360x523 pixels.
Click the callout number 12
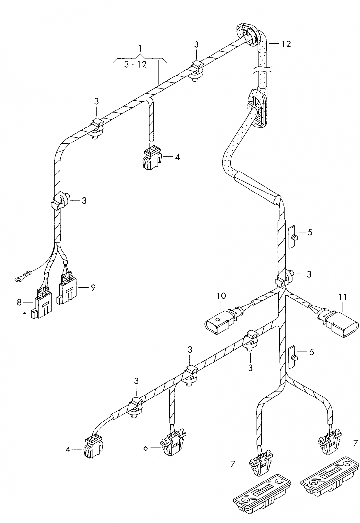pyautogui.click(x=286, y=44)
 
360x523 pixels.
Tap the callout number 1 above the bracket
pyautogui.click(x=140, y=49)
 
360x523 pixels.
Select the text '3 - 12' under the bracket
pyautogui.click(x=135, y=65)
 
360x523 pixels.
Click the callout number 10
pyautogui.click(x=221, y=296)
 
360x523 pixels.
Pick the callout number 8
pyautogui.click(x=19, y=302)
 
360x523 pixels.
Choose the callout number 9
pyautogui.click(x=93, y=288)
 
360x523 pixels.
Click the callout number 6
pyautogui.click(x=146, y=448)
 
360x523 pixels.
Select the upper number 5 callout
pyautogui.click(x=310, y=232)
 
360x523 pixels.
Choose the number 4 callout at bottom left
pyautogui.click(x=68, y=449)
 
